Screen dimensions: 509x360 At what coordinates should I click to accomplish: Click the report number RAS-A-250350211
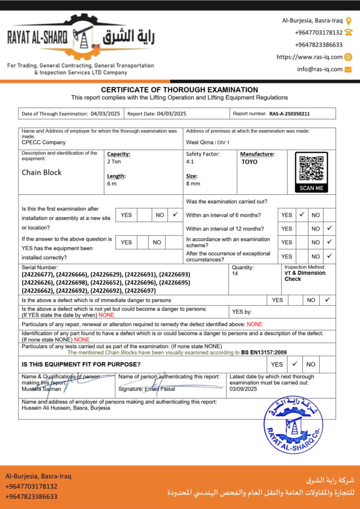coord(289,114)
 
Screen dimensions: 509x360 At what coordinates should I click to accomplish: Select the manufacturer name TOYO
coord(250,162)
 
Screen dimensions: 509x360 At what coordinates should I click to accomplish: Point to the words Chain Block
coord(42,172)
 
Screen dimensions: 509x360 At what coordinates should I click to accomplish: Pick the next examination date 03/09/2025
coord(243,389)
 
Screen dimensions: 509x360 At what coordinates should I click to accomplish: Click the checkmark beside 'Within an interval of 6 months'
coord(302,215)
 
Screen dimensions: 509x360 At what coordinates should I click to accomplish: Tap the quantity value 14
coord(235,274)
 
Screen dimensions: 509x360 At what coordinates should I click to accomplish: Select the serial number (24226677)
coord(38,274)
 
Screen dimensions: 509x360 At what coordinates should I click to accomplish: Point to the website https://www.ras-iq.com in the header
coord(309,57)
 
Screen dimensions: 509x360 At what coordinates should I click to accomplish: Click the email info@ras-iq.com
coord(320,70)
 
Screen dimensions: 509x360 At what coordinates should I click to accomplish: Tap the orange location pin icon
coord(349,21)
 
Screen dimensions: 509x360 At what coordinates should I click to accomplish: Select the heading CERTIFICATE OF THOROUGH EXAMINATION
coord(180,90)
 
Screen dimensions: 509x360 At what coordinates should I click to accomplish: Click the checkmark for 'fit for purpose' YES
coord(295,363)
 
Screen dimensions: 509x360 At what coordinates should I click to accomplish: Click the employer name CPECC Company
coord(44,142)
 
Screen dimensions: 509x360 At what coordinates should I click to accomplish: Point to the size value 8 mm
coord(193,184)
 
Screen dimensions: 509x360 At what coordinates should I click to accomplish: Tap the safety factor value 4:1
coord(190,162)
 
